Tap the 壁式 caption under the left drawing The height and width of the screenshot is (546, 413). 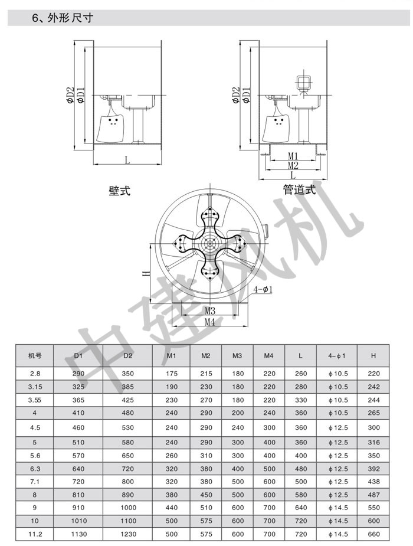[119, 191]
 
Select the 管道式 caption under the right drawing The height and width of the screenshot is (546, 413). [299, 190]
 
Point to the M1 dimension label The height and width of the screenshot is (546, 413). [293, 156]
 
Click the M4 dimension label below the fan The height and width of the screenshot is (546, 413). [209, 321]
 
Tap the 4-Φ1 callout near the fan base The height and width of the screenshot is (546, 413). [263, 289]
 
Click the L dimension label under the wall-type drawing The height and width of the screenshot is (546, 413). [127, 160]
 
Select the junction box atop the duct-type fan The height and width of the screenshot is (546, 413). [303, 83]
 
